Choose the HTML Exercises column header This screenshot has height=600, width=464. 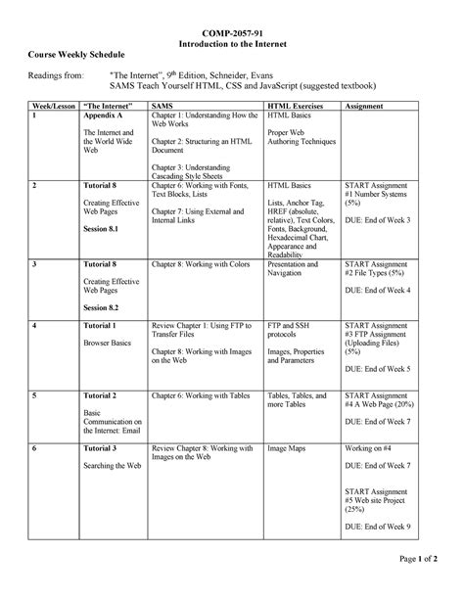[x=294, y=103]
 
